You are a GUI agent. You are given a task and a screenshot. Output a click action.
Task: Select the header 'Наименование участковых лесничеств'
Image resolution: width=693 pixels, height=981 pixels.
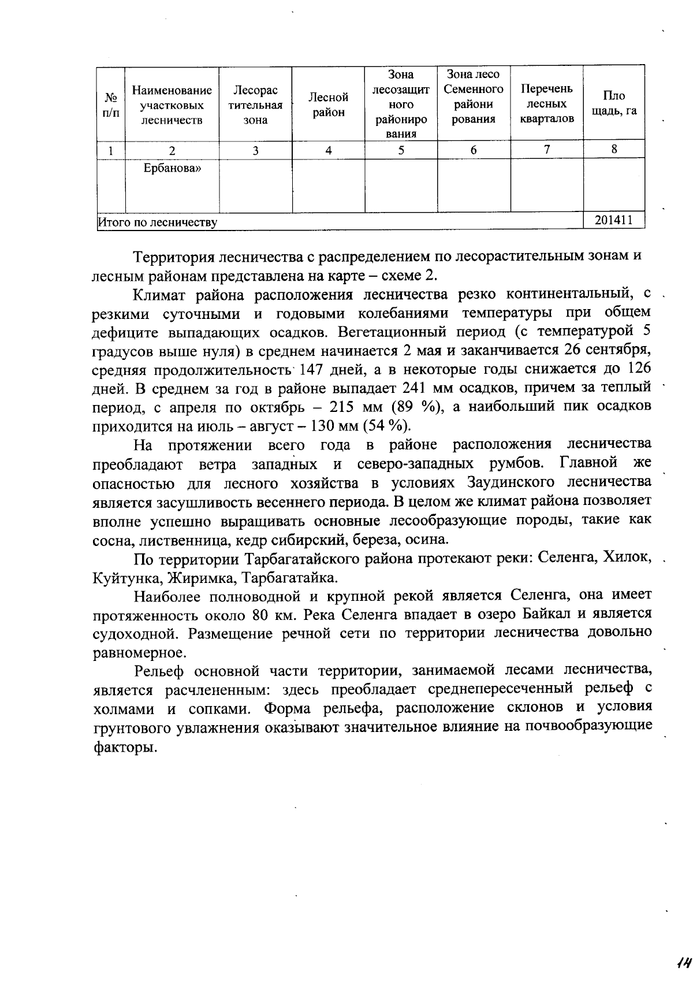(x=172, y=105)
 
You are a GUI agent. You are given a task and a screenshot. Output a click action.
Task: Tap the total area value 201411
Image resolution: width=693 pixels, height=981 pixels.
(x=614, y=220)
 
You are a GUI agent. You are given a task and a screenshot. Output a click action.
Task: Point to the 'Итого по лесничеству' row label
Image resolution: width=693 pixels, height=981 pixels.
(x=158, y=222)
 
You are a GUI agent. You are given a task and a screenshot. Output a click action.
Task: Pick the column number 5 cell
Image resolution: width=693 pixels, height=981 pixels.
(x=401, y=150)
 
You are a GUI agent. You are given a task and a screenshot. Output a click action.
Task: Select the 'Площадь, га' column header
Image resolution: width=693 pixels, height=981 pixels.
(x=614, y=103)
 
